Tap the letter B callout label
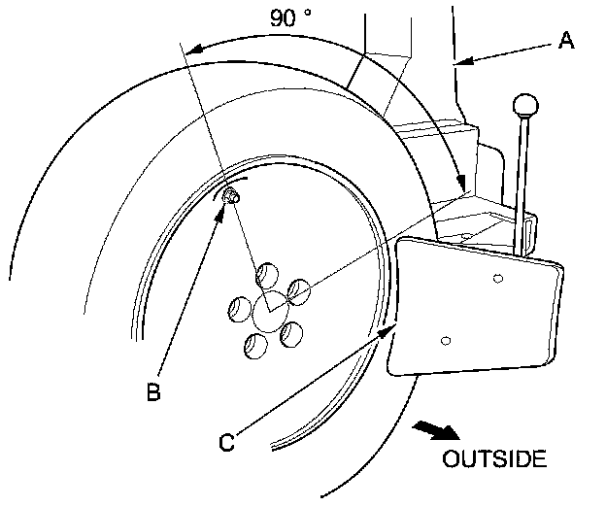(152, 392)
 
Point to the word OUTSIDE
(494, 457)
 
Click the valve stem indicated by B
(232, 197)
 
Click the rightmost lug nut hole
(297, 289)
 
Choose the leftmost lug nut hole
(238, 309)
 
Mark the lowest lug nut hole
(255, 343)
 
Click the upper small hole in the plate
(496, 279)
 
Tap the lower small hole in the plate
(445, 340)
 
